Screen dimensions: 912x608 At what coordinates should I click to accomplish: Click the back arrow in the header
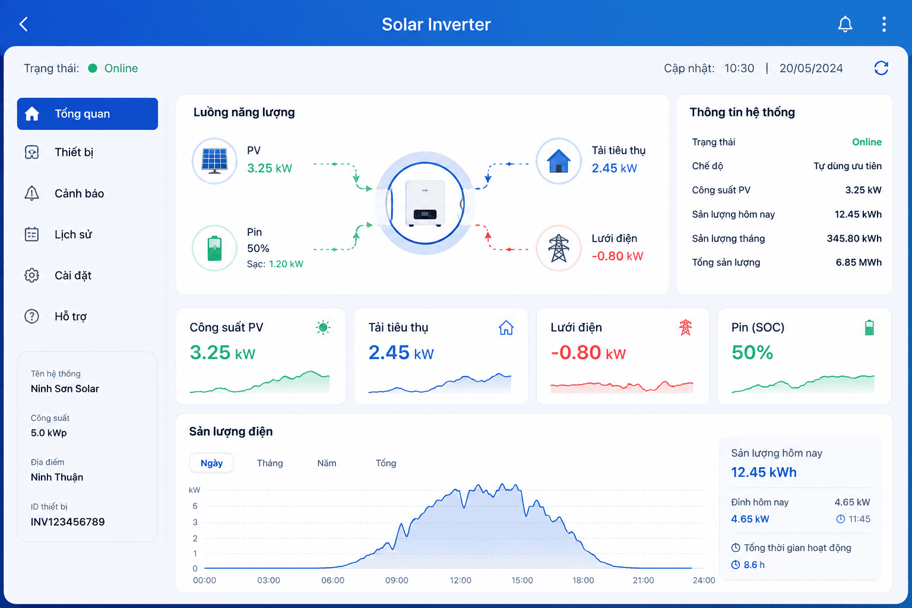pyautogui.click(x=24, y=24)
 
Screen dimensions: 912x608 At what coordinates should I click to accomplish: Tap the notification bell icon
pyautogui.click(x=845, y=24)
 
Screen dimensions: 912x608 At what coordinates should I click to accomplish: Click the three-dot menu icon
pyautogui.click(x=884, y=24)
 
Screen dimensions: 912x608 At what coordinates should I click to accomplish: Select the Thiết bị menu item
pyautogui.click(x=74, y=153)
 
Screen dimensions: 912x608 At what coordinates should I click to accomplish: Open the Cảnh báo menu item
pyautogui.click(x=79, y=194)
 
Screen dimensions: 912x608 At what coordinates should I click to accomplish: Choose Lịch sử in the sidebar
pyautogui.click(x=73, y=235)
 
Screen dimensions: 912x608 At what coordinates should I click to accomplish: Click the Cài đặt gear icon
pyautogui.click(x=31, y=275)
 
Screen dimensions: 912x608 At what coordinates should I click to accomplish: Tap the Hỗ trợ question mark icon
pyautogui.click(x=31, y=316)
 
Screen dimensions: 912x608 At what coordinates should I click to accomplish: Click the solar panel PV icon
pyautogui.click(x=214, y=161)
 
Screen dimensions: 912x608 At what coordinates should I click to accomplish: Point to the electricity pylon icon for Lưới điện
pyautogui.click(x=558, y=248)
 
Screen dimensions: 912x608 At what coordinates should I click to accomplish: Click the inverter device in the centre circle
pyautogui.click(x=425, y=203)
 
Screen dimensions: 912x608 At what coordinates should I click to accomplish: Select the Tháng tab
pyautogui.click(x=270, y=463)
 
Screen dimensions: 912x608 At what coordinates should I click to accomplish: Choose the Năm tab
pyautogui.click(x=327, y=463)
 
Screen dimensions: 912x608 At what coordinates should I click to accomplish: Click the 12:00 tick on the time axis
pyautogui.click(x=461, y=580)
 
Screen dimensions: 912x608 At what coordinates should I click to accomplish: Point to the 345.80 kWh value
pyautogui.click(x=854, y=239)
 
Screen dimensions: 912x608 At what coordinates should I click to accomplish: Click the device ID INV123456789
pyautogui.click(x=68, y=522)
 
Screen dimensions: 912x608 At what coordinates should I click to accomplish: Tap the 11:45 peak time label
pyautogui.click(x=859, y=519)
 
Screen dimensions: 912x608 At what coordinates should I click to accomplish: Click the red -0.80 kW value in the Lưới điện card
pyautogui.click(x=588, y=353)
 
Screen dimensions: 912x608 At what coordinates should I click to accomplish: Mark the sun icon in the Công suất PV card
pyautogui.click(x=323, y=327)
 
